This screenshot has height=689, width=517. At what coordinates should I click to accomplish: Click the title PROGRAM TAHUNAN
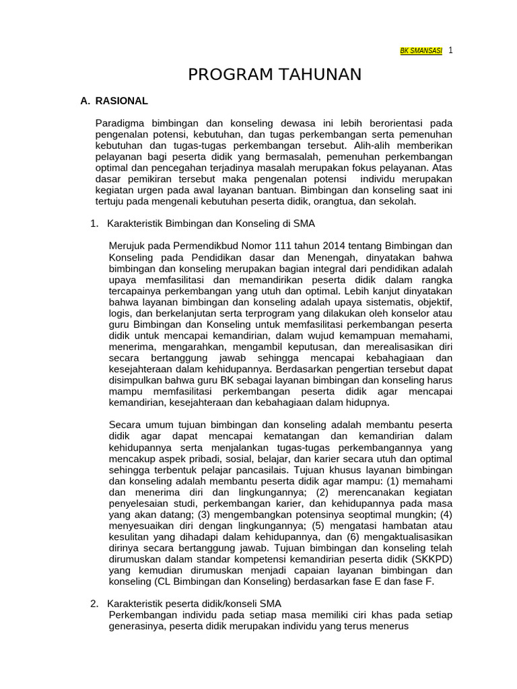coord(275,74)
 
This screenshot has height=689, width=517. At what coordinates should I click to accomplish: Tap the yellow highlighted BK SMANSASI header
coord(421,51)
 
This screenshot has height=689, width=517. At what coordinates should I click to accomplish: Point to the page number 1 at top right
coord(450,50)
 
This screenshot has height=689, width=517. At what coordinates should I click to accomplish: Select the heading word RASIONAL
coord(122,101)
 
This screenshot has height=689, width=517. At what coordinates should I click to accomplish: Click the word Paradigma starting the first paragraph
coord(119,123)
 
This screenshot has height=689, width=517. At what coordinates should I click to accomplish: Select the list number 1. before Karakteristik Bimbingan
coord(94,223)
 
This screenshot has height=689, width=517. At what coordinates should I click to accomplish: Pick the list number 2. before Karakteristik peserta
coord(94,604)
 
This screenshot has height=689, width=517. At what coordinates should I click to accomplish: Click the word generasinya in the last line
coord(137,626)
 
